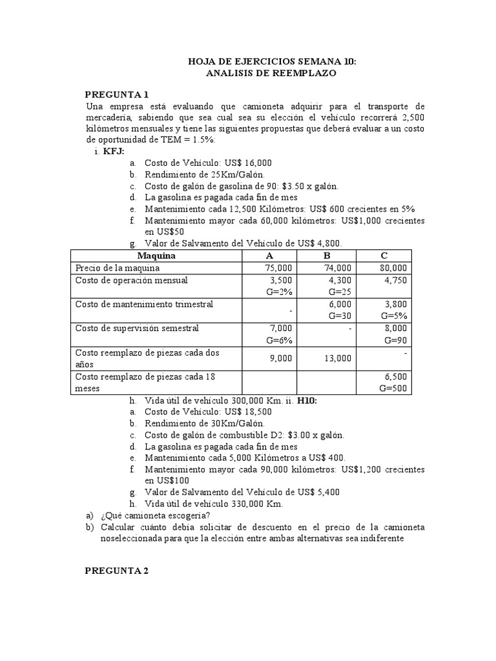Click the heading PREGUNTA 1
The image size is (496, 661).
coord(118,94)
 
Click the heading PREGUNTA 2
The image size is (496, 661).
coord(118,570)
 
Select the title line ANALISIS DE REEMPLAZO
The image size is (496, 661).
coord(271,74)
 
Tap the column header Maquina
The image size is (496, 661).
coord(156,255)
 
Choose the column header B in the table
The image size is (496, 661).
coord(326,255)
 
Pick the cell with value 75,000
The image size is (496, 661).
coord(279,268)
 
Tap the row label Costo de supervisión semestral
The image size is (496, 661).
coord(137,329)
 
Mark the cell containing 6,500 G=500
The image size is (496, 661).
coord(394,382)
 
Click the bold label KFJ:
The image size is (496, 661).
coord(114,151)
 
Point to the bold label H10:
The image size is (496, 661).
coord(307,400)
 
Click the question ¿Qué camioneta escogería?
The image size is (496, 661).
coord(155,515)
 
